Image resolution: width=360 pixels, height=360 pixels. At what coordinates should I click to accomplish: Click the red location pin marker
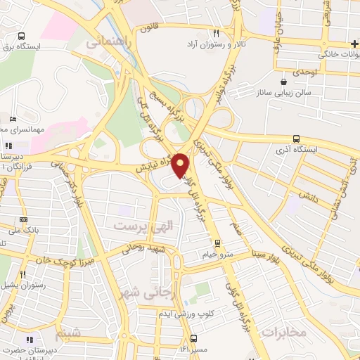pos(181,165)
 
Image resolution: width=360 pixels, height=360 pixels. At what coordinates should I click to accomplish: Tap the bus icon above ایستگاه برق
pos(21,37)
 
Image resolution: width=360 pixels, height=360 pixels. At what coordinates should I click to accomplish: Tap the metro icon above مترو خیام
pos(217,243)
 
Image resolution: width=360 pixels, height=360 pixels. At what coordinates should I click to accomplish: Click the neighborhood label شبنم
pos(67,331)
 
